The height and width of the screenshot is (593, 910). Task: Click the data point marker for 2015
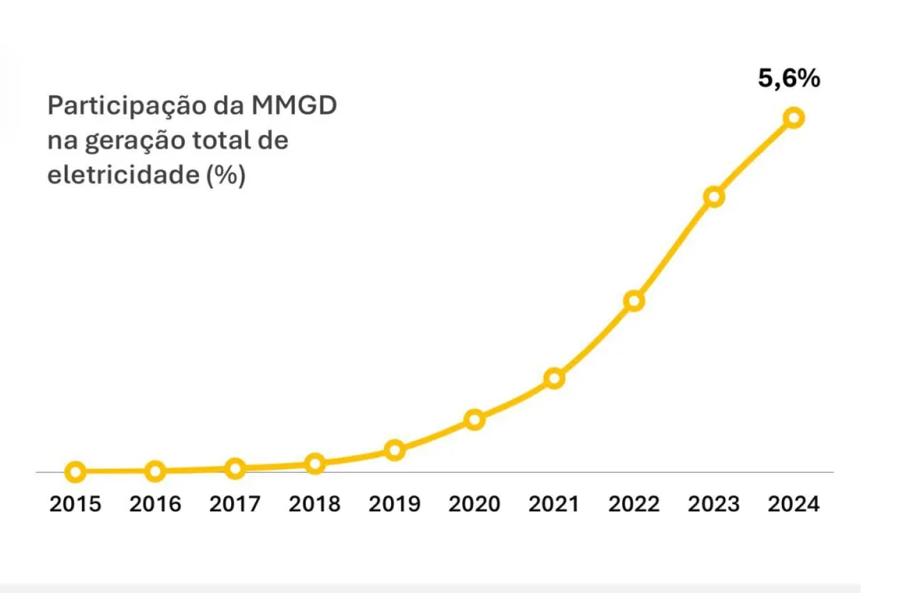point(76,472)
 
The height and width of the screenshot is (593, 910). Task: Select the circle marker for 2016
point(156,471)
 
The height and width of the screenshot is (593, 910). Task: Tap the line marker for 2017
point(235,469)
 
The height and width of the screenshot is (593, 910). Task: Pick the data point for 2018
point(315,463)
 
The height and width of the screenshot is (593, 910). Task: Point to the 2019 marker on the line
point(395,450)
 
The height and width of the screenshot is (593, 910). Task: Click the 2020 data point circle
point(475,420)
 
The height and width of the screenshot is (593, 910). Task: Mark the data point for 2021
point(555,379)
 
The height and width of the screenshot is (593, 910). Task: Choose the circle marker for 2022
point(634,301)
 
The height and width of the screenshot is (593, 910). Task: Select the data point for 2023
point(714,196)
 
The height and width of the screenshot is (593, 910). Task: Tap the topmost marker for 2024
point(794,117)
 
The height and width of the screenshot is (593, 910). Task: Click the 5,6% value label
point(788,78)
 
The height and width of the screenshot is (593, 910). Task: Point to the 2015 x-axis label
point(76,505)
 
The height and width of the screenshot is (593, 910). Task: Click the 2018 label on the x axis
point(315,505)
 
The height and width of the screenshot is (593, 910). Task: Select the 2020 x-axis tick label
point(475,505)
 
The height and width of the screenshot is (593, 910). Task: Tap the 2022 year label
point(634,505)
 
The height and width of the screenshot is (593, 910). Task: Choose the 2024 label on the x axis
point(794,505)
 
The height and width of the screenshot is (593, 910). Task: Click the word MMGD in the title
point(294,106)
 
